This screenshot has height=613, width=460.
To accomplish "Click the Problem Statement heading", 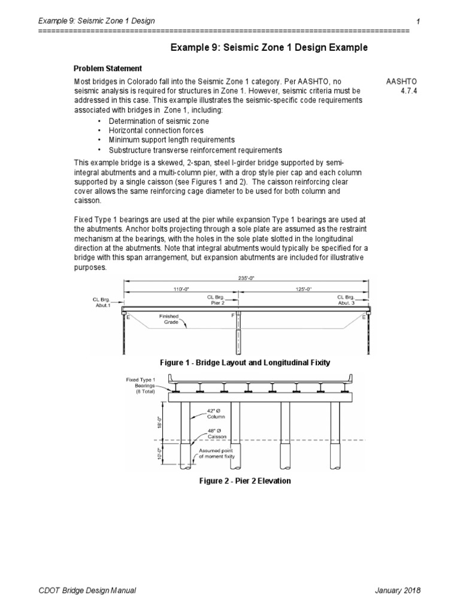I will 107,68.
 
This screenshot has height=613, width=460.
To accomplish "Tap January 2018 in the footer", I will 398,590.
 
